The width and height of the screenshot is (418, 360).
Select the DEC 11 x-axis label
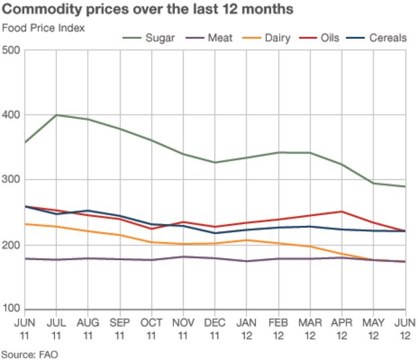point(215,328)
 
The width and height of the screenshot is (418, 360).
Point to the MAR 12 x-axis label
point(310,328)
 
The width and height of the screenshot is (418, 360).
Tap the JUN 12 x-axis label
point(405,328)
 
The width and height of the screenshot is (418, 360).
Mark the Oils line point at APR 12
point(342,211)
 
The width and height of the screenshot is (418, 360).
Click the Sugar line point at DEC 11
point(215,162)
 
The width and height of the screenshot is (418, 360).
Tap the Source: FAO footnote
point(27,353)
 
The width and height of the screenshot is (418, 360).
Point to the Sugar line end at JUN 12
point(405,186)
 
